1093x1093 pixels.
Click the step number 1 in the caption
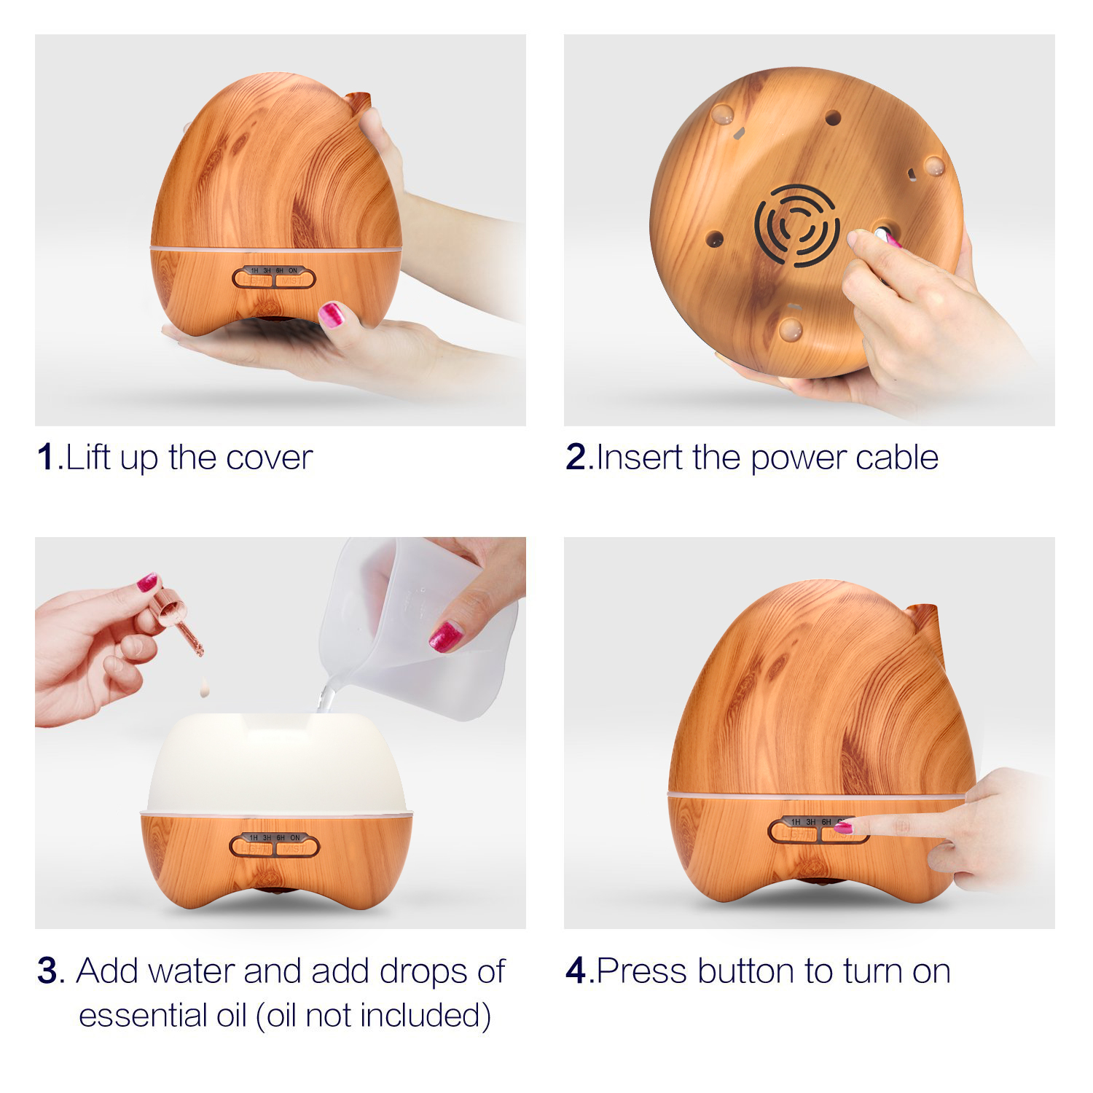pyautogui.click(x=46, y=457)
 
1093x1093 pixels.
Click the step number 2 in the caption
pyautogui.click(x=576, y=457)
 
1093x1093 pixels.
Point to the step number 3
pyautogui.click(x=47, y=971)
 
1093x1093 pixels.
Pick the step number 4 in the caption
pyautogui.click(x=576, y=971)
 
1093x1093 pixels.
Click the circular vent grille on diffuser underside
pyautogui.click(x=797, y=223)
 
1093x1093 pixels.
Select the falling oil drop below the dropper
pyautogui.click(x=205, y=686)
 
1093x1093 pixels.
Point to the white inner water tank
pyautogui.click(x=277, y=762)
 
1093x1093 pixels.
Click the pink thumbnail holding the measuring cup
pyautogui.click(x=445, y=636)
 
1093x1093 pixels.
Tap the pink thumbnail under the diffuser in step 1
pyautogui.click(x=332, y=315)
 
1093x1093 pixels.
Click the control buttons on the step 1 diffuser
pyautogui.click(x=274, y=277)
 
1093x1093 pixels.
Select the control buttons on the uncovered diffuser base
pyautogui.click(x=275, y=845)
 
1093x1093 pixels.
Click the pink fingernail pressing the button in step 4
pyautogui.click(x=843, y=827)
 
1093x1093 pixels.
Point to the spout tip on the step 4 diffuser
pyautogui.click(x=925, y=608)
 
